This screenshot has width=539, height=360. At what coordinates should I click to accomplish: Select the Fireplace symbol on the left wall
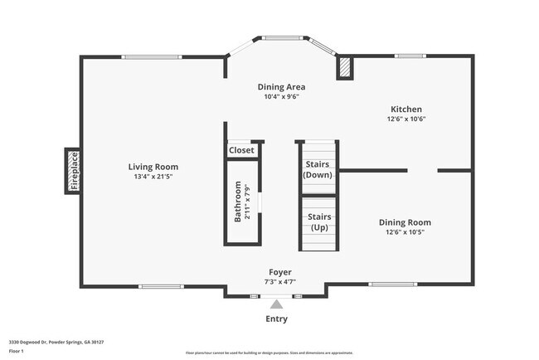point(74,172)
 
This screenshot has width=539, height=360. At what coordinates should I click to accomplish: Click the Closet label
point(241,150)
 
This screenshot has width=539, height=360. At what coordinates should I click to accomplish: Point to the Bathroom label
point(238,202)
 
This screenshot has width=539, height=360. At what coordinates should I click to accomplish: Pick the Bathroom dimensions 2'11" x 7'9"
point(247,202)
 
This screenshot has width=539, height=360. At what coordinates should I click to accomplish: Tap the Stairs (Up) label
point(319,221)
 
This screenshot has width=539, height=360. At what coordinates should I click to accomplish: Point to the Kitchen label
point(406,109)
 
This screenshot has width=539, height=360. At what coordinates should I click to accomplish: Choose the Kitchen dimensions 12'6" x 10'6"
point(406,119)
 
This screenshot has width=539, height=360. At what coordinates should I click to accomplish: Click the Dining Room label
point(405,221)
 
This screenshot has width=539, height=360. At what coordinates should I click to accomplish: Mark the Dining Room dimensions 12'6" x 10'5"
point(405,231)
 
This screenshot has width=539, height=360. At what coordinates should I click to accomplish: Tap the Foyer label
point(279,272)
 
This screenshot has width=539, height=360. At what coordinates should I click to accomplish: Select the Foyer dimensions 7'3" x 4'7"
point(279,282)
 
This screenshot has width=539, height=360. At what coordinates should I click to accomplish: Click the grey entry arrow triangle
point(276,304)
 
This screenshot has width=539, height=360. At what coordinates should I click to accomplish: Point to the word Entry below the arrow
point(276,319)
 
